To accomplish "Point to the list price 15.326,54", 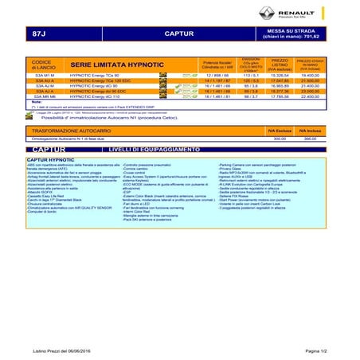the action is (280, 74).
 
